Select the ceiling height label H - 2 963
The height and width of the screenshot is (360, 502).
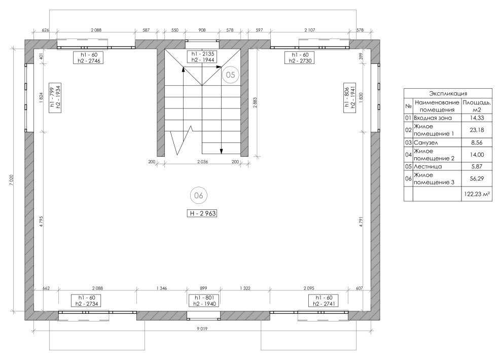point(202,213)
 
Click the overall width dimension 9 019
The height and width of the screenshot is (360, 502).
point(202,329)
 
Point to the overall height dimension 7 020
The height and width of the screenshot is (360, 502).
point(12,180)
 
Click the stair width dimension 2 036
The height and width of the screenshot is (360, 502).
point(202,162)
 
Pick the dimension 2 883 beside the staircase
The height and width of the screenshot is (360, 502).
point(255,103)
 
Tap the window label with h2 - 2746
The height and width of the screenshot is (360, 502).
point(89,58)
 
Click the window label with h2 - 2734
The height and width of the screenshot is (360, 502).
point(86,301)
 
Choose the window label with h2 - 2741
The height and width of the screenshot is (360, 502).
point(324,301)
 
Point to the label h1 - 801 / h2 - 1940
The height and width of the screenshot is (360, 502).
point(204,301)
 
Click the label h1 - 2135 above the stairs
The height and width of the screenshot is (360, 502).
point(203,54)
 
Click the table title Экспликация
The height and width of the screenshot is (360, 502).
point(448,93)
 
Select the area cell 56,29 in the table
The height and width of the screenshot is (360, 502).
point(477,178)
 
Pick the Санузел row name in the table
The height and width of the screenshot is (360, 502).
point(425,142)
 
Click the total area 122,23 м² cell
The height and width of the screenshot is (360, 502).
point(477,194)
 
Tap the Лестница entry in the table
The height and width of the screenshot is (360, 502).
point(428,166)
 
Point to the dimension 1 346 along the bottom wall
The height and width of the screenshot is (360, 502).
point(161,289)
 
